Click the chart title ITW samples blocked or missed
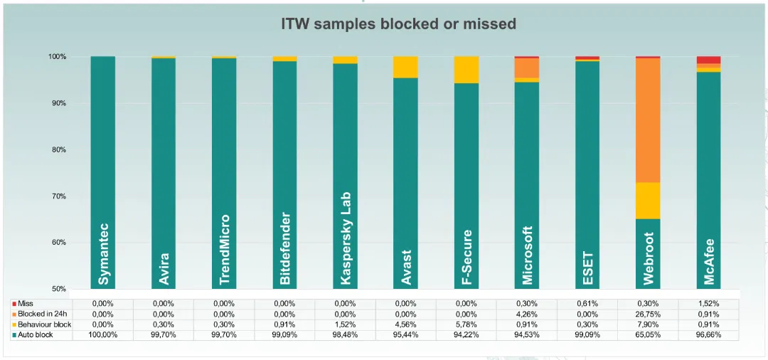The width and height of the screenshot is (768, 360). [x=398, y=23]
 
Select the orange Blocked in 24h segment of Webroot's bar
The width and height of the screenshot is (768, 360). [x=648, y=120]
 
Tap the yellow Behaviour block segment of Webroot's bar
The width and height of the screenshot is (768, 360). [x=648, y=201]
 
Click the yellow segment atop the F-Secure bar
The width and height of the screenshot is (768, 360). [x=466, y=70]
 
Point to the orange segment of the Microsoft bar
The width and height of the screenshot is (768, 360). [x=527, y=68]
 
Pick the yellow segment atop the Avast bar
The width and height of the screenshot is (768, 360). [x=406, y=67]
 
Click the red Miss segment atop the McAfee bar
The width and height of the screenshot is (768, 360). [x=708, y=60]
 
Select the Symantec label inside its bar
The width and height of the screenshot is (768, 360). [x=104, y=255]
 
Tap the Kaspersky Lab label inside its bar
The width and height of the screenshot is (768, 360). [x=346, y=238]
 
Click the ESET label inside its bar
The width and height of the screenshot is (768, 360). [x=587, y=268]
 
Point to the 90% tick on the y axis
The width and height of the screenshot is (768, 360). [x=58, y=103]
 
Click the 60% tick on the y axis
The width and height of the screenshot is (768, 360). [x=58, y=243]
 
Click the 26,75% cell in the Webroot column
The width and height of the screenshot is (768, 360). [x=648, y=314]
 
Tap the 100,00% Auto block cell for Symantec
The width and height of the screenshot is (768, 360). [x=103, y=334]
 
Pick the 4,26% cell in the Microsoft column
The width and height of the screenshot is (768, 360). [x=527, y=314]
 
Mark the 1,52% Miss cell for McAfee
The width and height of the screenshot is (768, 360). [x=708, y=303]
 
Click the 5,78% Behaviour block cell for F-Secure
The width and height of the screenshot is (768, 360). [x=466, y=324]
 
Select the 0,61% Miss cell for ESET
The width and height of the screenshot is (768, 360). [x=587, y=303]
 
